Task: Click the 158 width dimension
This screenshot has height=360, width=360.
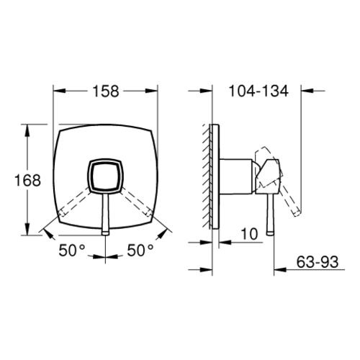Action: [x=106, y=91]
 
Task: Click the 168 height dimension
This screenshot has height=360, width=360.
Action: [x=27, y=180]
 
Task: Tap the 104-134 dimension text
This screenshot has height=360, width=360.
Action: [x=258, y=91]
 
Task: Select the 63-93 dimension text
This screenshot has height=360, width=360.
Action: [x=318, y=262]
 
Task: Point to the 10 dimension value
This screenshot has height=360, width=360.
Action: [x=249, y=234]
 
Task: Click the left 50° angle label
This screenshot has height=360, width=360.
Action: [x=72, y=250]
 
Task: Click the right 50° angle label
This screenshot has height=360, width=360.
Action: [x=140, y=250]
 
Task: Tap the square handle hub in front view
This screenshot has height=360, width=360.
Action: [x=106, y=176]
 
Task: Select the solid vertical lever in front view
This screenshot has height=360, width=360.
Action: [x=106, y=214]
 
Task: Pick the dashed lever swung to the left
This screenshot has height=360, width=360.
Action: [x=75, y=201]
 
